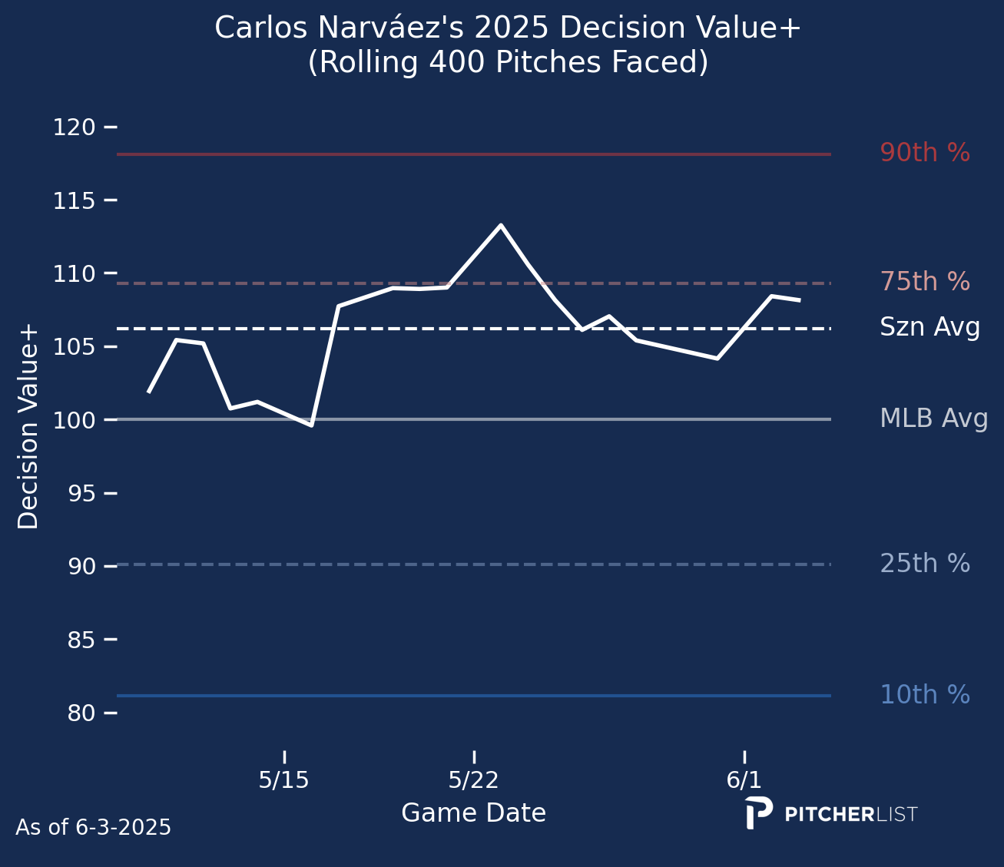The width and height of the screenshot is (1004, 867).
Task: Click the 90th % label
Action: click(924, 154)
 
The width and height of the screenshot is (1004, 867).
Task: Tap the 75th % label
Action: click(924, 283)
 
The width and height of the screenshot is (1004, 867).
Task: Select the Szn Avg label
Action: click(929, 328)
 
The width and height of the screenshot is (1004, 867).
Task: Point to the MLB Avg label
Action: click(933, 419)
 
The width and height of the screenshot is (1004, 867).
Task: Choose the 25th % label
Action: click(924, 564)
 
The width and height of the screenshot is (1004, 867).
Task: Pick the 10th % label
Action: click(924, 695)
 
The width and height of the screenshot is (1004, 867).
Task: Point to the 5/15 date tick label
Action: click(283, 781)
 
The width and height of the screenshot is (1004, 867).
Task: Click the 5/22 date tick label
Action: click(473, 781)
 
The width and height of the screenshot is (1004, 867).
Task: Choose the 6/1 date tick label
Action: click(744, 781)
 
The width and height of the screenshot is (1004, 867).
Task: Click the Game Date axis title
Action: click(473, 813)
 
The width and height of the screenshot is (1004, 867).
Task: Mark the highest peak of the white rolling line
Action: click(501, 225)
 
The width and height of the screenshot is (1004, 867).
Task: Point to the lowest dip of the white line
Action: click(311, 425)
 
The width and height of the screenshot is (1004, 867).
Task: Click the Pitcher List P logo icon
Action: click(758, 812)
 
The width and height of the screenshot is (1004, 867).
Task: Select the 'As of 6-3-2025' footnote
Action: click(93, 828)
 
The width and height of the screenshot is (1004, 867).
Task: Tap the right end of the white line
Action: click(800, 300)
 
